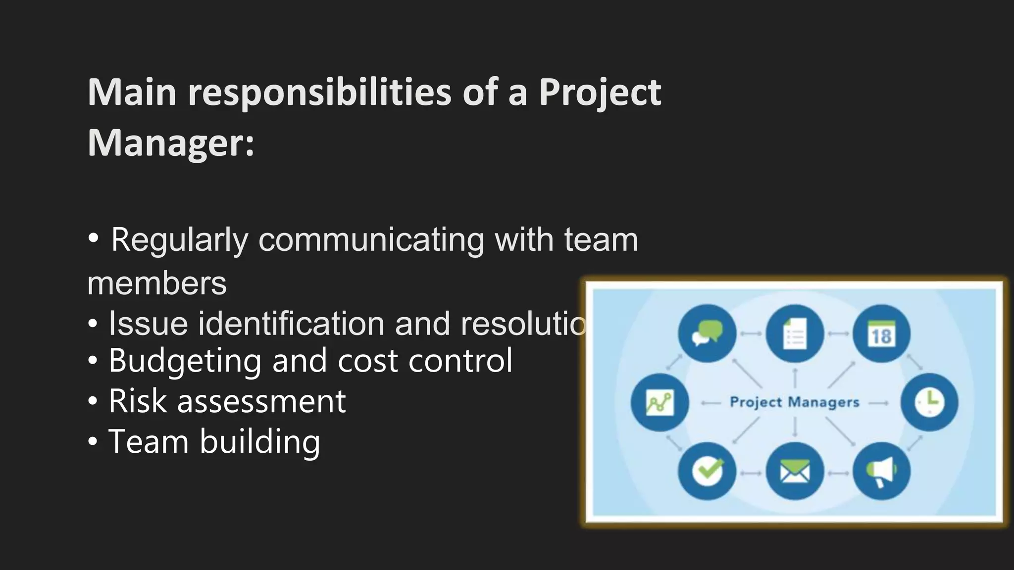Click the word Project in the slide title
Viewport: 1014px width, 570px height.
pyautogui.click(x=600, y=93)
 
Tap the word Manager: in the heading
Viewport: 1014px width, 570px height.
pyautogui.click(x=171, y=143)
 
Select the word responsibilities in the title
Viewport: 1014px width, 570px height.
pyautogui.click(x=319, y=93)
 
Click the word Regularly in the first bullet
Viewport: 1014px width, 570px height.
pyautogui.click(x=179, y=240)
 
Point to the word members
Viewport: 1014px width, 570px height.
pyautogui.click(x=157, y=284)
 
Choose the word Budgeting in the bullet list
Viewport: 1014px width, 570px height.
pyautogui.click(x=185, y=361)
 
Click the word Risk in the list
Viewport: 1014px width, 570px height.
pyautogui.click(x=137, y=401)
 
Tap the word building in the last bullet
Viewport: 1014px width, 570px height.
pyautogui.click(x=260, y=441)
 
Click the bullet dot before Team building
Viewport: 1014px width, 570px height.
pyautogui.click(x=93, y=441)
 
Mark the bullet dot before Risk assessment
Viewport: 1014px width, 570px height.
pyautogui.click(x=93, y=401)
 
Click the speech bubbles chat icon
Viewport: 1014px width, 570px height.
pyautogui.click(x=707, y=333)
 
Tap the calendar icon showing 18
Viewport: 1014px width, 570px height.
pyautogui.click(x=881, y=333)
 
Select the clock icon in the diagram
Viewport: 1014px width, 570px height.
pyautogui.click(x=929, y=402)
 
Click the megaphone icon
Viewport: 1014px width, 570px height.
pyautogui.click(x=881, y=471)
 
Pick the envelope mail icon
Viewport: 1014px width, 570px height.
pyautogui.click(x=795, y=471)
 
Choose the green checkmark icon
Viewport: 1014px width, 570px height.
pyautogui.click(x=707, y=471)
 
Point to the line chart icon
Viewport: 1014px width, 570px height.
pyautogui.click(x=659, y=402)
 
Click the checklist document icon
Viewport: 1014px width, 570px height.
pyautogui.click(x=795, y=333)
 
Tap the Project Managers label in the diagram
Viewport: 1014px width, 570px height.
pyautogui.click(x=794, y=402)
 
